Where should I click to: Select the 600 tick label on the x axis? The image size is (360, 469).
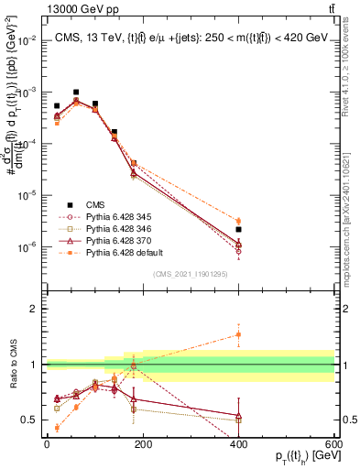click(333, 444)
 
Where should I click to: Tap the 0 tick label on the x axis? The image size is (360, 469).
click(47, 444)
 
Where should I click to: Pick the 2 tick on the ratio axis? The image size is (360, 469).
click(38, 309)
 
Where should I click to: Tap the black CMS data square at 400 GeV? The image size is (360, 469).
click(238, 230)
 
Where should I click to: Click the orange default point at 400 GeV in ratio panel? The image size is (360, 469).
click(238, 334)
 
